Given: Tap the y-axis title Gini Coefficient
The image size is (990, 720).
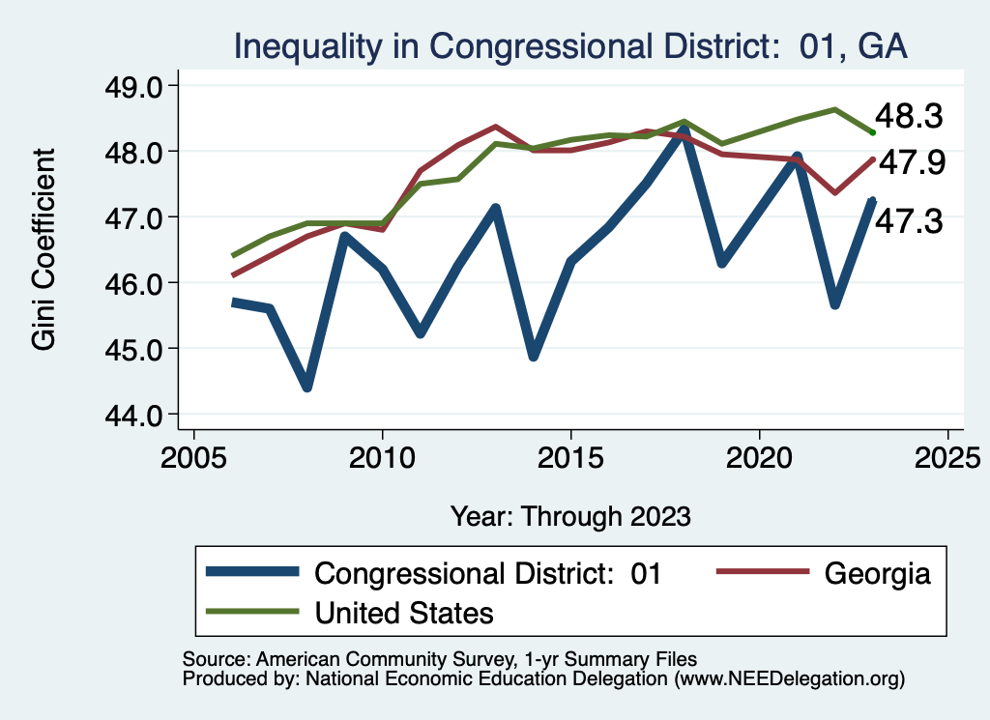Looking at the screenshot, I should click(x=44, y=249).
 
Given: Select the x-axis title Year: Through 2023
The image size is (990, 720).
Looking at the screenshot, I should click(x=570, y=515).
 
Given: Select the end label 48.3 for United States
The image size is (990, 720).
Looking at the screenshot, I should click(x=908, y=117).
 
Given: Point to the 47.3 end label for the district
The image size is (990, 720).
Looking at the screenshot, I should click(x=908, y=222).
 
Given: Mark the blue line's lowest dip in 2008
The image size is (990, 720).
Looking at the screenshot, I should click(x=307, y=387).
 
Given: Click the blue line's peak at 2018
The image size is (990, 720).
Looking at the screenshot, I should click(x=684, y=129).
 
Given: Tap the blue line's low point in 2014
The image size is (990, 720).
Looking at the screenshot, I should click(x=533, y=356).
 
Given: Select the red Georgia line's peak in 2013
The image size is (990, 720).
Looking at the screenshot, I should click(x=495, y=127).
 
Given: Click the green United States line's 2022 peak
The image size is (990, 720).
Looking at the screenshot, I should click(x=834, y=109).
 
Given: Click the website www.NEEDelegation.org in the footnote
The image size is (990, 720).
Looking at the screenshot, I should click(x=793, y=679).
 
